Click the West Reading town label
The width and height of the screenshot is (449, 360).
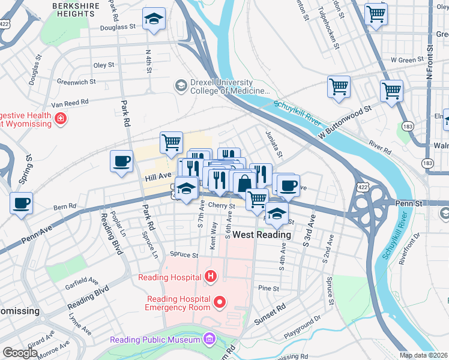[262, 235]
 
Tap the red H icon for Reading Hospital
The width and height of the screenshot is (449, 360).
[210, 277]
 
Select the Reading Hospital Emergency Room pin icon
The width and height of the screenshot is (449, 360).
[220, 302]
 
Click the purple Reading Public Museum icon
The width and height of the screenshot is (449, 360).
[208, 340]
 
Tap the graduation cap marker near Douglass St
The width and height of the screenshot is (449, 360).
[154, 19]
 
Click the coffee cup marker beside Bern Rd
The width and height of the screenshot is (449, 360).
[22, 203]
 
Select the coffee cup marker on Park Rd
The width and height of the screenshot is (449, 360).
[122, 161]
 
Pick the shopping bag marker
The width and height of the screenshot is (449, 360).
[243, 184]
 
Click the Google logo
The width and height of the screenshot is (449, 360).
[20, 353]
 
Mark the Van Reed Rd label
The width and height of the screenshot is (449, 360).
[70, 104]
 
